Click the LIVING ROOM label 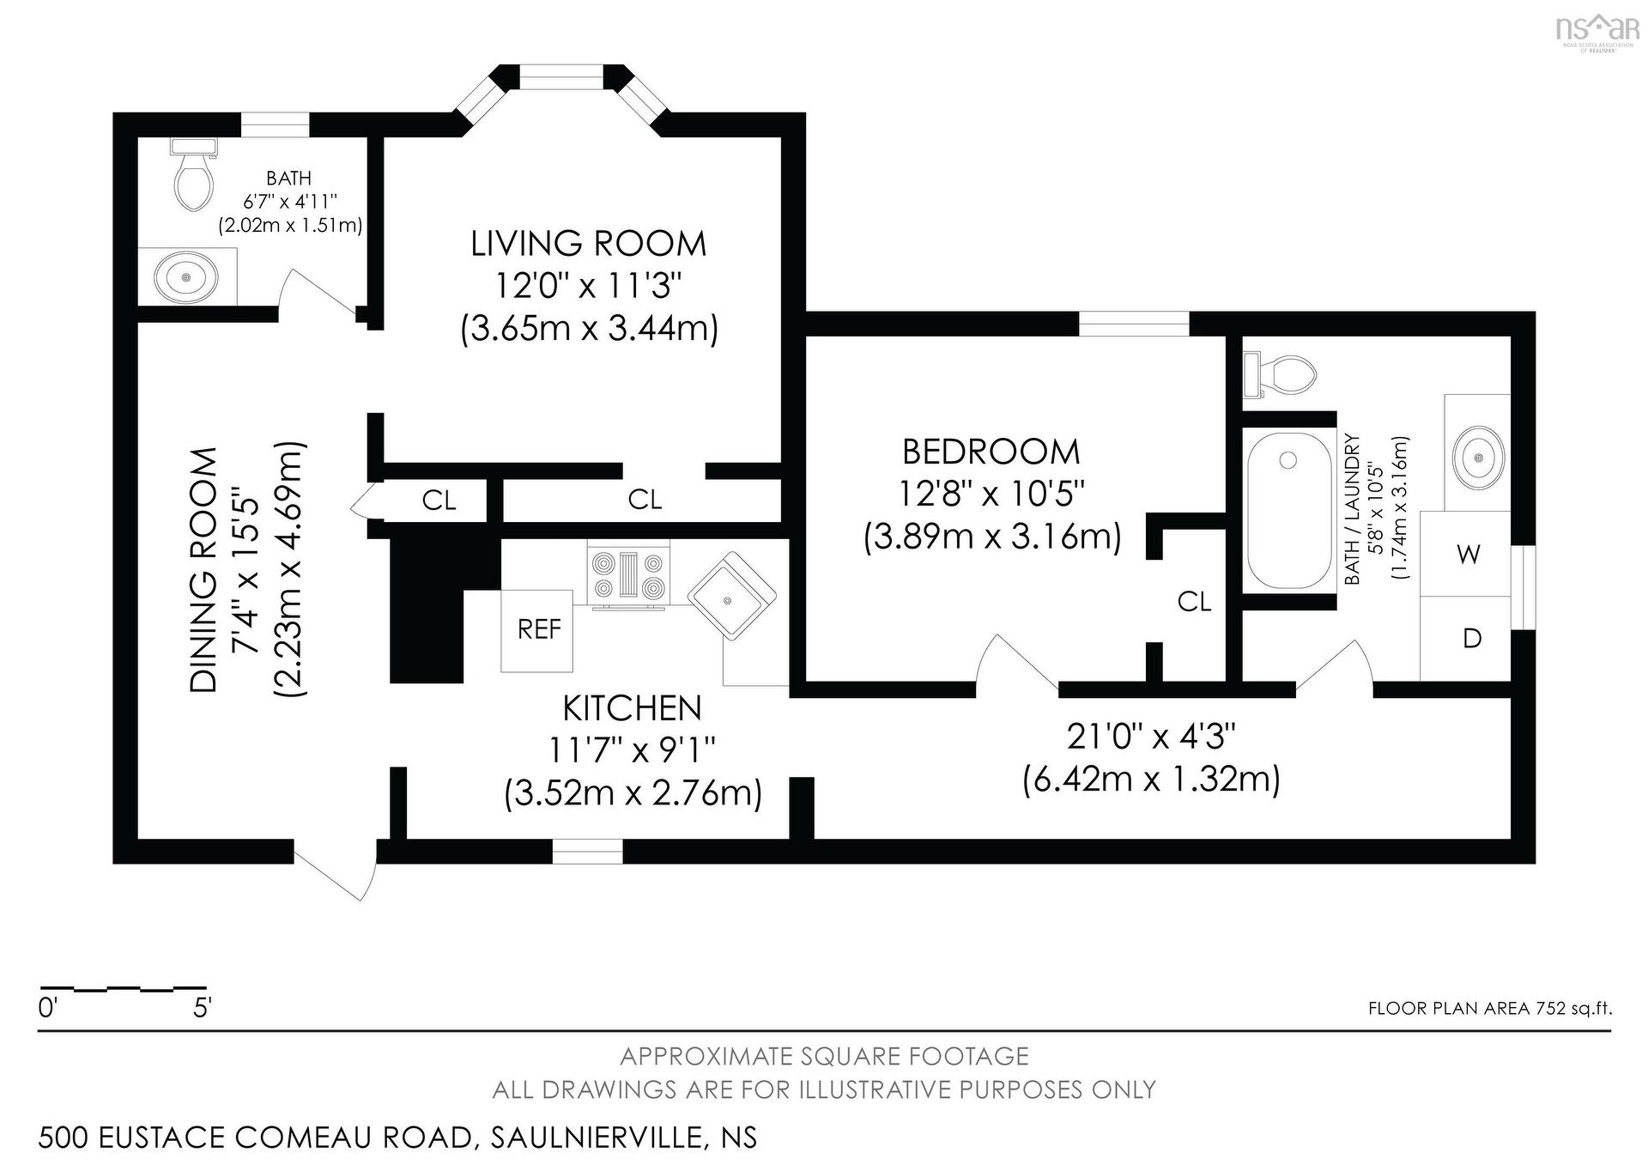pos(588,244)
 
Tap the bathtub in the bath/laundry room pos(1288,510)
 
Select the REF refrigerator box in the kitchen pos(537,630)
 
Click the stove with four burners pos(630,574)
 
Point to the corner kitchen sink pos(732,595)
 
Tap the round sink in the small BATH pos(185,276)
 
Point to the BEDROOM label pos(991,452)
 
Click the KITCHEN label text pos(633,708)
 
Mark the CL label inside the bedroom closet pos(1195,602)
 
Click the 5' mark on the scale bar pos(203,1008)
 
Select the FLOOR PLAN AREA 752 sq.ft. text pos(1490,1009)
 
